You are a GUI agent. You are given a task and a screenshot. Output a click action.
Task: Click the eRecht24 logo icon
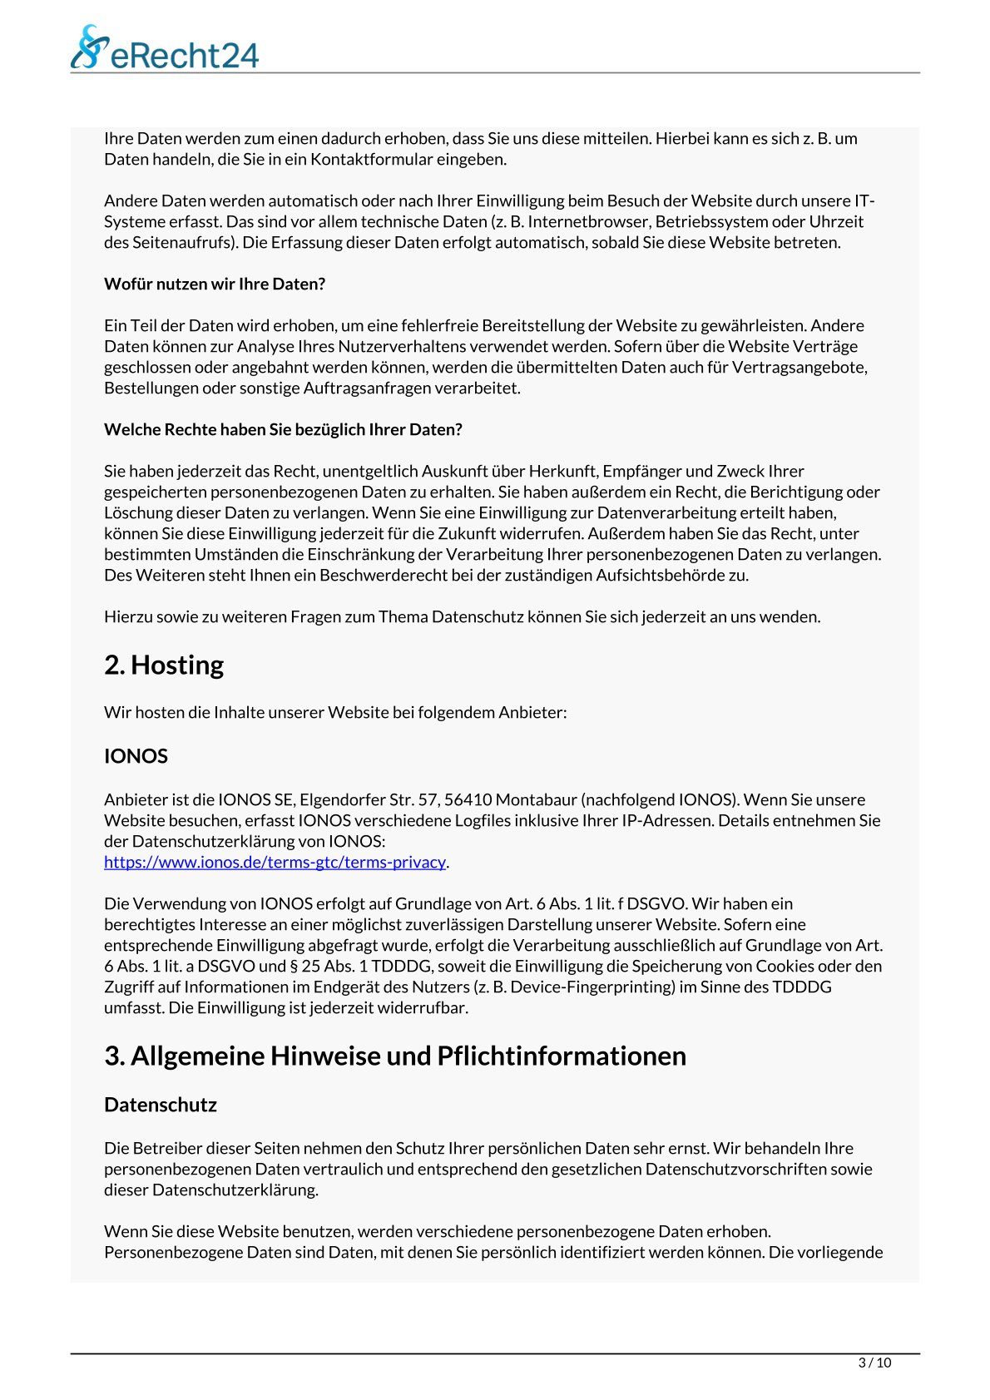[90, 47]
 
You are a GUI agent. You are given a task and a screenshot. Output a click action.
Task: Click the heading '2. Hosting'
[164, 665]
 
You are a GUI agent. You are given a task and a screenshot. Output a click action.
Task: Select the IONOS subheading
[136, 756]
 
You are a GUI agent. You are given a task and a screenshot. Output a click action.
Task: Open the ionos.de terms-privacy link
[275, 863]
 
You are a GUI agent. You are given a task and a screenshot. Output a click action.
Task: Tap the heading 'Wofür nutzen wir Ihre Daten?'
[215, 284]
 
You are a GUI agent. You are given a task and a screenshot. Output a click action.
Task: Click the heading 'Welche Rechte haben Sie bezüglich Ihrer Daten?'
[283, 430]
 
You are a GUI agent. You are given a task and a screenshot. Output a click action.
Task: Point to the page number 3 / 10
[874, 1363]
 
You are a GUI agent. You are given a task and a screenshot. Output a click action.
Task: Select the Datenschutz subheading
[160, 1105]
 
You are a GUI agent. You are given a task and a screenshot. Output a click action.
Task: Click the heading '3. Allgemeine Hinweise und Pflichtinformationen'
[395, 1056]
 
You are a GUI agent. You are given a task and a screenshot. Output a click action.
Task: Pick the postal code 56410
[468, 800]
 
